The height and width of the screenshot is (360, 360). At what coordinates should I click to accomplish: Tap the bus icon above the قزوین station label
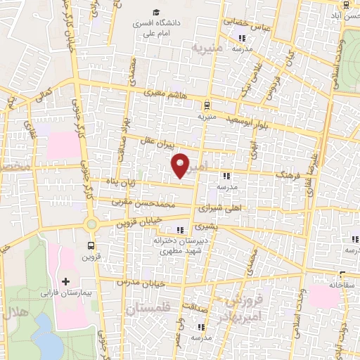tap(91, 245)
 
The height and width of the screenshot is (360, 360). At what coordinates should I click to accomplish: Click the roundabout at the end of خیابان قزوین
tap(91, 224)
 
